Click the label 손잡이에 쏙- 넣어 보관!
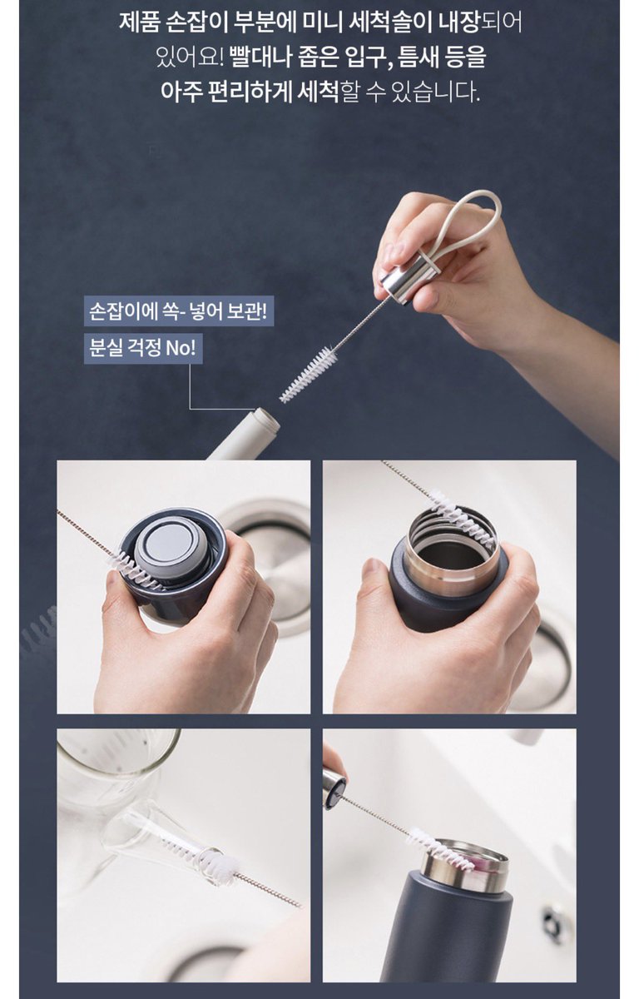coord(178,311)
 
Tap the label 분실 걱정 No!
coord(143,348)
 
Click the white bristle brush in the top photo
coord(308,375)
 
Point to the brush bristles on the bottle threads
coord(463,519)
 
